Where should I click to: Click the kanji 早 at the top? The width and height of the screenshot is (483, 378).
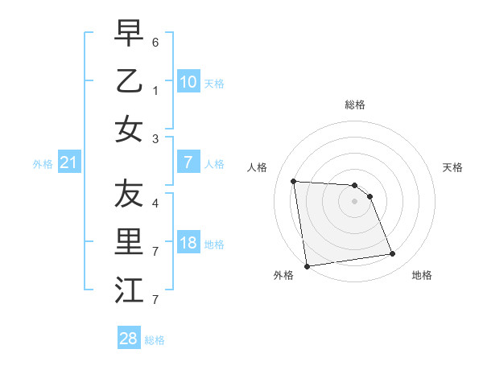129,35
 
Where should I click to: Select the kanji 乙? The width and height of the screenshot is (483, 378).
129,82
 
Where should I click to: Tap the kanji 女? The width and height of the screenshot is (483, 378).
129,129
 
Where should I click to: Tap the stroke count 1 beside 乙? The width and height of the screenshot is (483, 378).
155,92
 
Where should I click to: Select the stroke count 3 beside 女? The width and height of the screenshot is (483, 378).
155,139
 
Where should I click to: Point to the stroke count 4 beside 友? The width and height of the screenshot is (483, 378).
155,203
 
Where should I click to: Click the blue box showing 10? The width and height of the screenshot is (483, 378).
188,82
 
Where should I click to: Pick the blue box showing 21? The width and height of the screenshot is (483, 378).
68,163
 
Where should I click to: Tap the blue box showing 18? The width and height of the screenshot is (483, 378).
188,243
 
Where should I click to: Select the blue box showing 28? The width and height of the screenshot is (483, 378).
128,339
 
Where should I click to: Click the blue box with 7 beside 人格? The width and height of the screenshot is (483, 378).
188,162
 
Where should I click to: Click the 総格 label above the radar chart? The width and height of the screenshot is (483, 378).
355,105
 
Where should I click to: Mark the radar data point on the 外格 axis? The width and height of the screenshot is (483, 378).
307,266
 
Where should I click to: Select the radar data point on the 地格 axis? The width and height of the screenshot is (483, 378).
393,254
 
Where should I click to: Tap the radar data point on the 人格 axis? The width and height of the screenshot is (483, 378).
293,181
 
